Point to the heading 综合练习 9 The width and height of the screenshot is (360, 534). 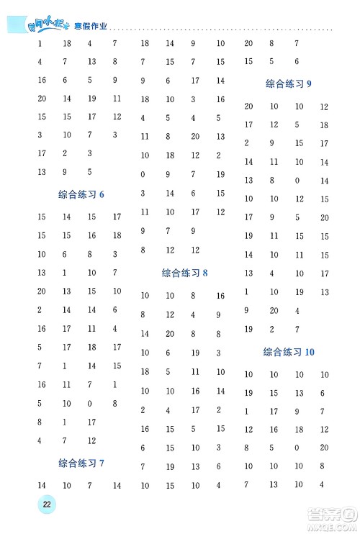[x=289, y=83]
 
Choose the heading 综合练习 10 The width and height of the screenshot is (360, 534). [x=289, y=352]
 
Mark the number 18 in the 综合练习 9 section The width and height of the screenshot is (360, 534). [x=324, y=125]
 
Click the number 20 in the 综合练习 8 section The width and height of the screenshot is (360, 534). [x=169, y=334]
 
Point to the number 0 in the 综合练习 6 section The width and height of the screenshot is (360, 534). [x=89, y=403]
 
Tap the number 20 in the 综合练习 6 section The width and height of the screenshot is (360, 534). [x=41, y=291]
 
